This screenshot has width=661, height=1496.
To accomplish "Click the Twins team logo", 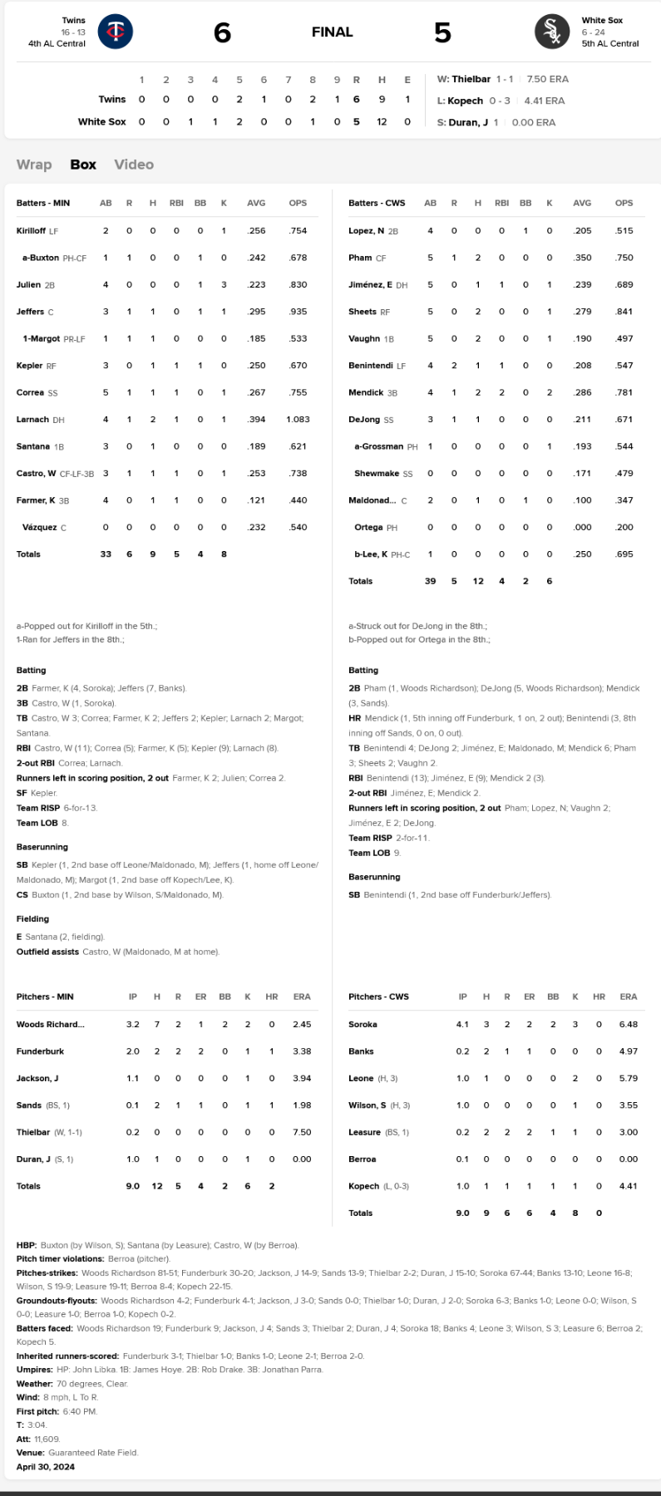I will coord(116,32).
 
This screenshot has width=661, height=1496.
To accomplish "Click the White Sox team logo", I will coord(552,32).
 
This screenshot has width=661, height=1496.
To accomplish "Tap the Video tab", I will coord(134,165).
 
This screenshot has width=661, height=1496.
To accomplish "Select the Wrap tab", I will coord(34,165).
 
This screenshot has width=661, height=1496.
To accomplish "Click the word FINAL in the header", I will coord(333,32).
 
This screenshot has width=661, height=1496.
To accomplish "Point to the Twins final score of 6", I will coord(222,32).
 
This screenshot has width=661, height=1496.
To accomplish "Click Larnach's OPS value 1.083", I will coord(298,420).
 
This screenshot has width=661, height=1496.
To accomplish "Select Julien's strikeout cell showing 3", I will coord(224,285).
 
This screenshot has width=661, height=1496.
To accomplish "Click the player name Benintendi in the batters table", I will coord(371,366).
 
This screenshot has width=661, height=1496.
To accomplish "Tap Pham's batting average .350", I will coord(582,258).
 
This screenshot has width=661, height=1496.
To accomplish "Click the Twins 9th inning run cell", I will coord(337,100).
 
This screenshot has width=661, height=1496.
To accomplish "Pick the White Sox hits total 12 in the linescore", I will coord(382,122).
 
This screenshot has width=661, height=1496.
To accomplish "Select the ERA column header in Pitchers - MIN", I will coord(302,997).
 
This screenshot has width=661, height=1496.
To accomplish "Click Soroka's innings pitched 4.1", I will coord(462,1025).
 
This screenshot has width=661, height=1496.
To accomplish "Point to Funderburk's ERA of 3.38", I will coord(302,1051).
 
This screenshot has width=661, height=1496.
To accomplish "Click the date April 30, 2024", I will coord(46,1467).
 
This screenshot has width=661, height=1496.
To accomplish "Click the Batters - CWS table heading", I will coord(377,204).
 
